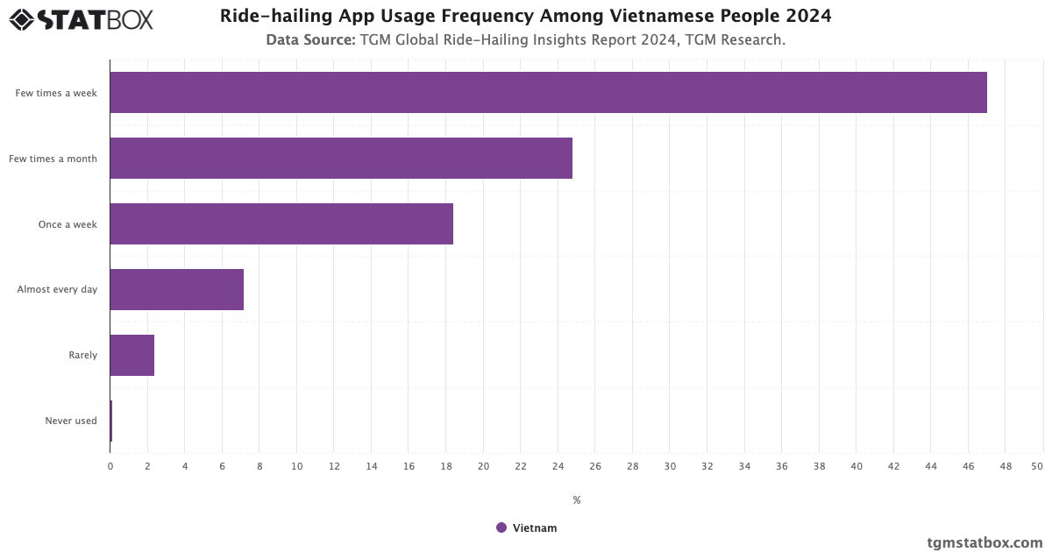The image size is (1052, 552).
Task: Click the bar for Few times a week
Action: point(548,93)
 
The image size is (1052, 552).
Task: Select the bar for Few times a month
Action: point(341,159)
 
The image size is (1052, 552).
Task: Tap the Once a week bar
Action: point(281,224)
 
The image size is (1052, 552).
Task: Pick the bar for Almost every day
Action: point(176,290)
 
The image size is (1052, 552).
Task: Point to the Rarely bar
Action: point(132,356)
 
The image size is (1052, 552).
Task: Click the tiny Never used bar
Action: point(111,421)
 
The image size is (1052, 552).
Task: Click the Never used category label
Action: point(71,421)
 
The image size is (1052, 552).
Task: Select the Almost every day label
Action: point(57,290)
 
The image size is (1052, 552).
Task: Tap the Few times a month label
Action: point(53,159)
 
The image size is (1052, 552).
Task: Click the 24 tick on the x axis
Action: point(558,466)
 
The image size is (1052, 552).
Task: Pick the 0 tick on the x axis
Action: point(110,466)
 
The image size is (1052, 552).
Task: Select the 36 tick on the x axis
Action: point(781,466)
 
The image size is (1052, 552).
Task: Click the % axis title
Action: point(577,500)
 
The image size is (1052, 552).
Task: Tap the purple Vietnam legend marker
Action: point(501,527)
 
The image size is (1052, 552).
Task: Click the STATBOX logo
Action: point(82,18)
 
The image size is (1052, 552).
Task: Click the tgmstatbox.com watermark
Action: point(984,542)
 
